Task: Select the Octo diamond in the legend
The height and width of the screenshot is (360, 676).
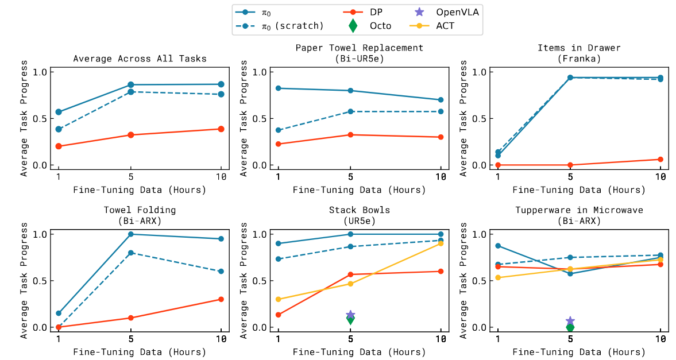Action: click(353, 25)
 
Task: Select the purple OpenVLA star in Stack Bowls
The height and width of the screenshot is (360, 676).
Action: click(350, 315)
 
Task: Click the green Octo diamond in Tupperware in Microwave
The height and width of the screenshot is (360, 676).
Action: click(570, 327)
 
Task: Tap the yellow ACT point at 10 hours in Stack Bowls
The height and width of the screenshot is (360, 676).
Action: click(441, 243)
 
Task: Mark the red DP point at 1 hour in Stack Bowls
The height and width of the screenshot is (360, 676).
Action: click(279, 315)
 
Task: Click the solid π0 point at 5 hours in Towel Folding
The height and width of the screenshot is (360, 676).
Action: click(131, 234)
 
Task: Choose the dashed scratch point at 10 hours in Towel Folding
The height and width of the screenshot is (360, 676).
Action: click(222, 271)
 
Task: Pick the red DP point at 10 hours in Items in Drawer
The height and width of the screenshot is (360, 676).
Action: click(660, 159)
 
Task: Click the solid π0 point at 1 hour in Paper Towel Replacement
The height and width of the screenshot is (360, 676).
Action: click(279, 88)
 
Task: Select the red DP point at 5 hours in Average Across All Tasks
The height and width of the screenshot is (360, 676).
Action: click(131, 135)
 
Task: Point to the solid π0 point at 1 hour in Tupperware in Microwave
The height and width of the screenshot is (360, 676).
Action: click(498, 246)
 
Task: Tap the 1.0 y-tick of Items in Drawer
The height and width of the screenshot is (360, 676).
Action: click(481, 72)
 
